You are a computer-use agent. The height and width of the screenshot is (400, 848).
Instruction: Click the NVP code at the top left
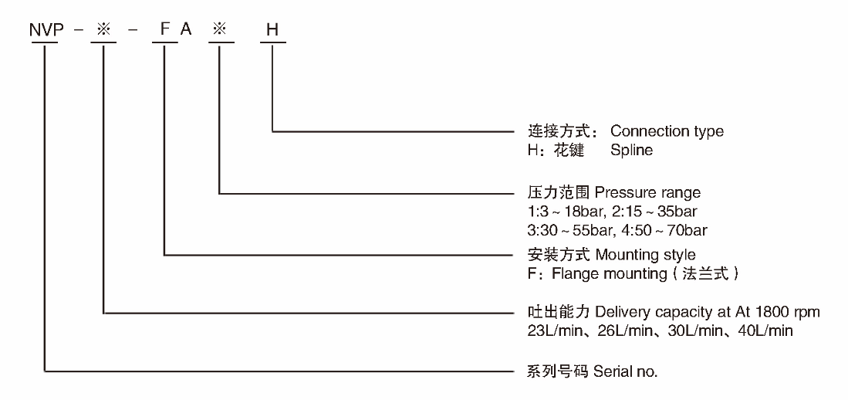(45, 30)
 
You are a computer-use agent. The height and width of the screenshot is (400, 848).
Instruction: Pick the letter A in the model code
(185, 30)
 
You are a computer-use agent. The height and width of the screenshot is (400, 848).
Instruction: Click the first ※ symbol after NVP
(103, 30)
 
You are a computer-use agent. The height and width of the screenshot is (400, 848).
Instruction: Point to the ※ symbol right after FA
(221, 30)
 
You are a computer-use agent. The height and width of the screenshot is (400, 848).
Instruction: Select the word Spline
(631, 151)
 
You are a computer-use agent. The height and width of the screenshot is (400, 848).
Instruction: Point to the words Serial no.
(625, 371)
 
